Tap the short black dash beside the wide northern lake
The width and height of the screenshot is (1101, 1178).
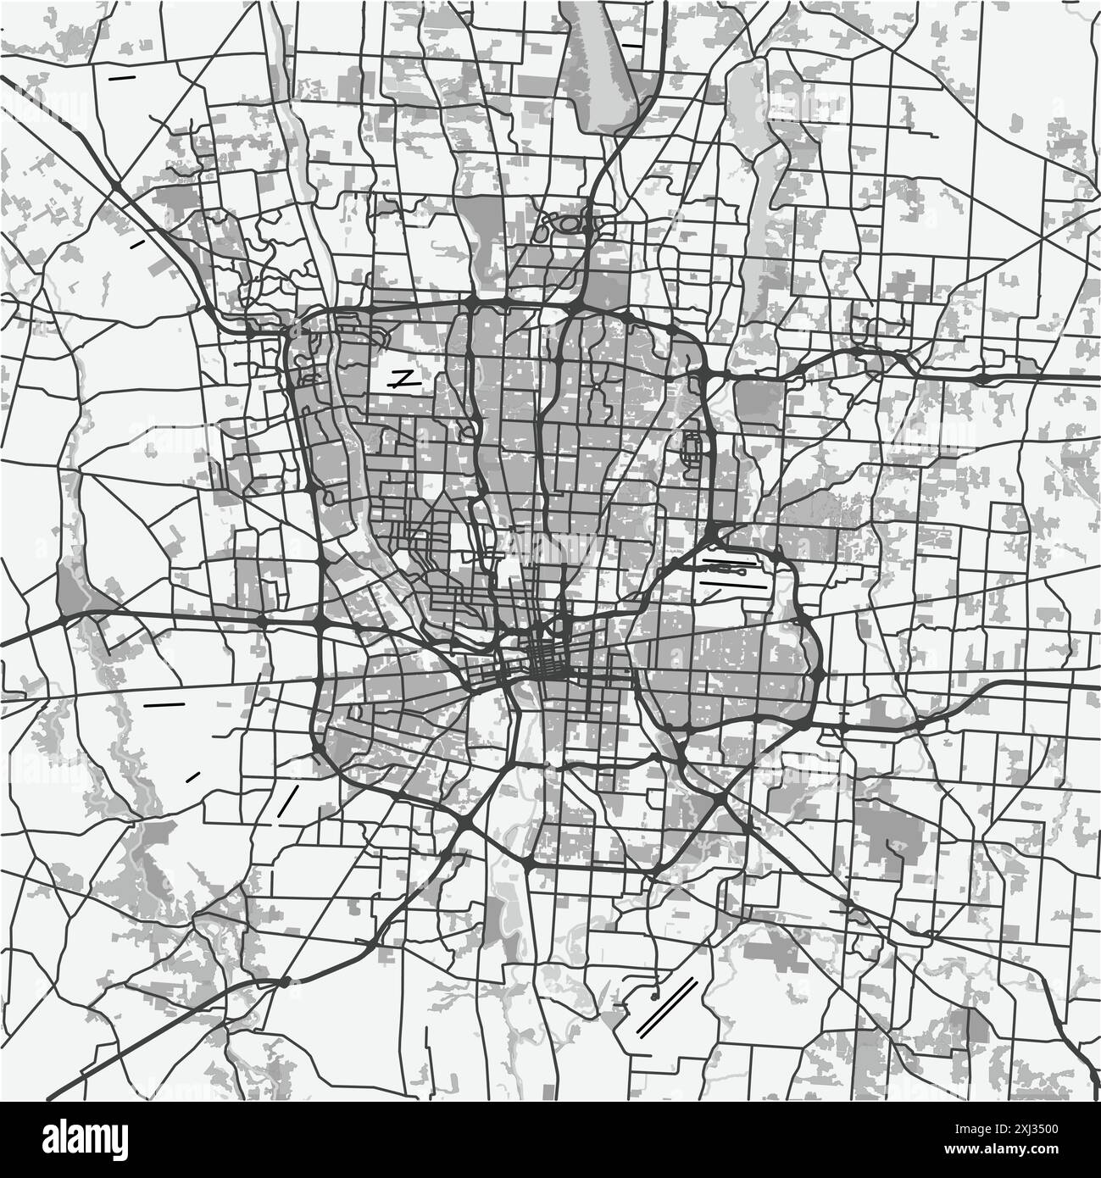pyautogui.click(x=631, y=45)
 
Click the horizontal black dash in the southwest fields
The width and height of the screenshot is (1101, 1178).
pyautogui.click(x=164, y=704)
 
